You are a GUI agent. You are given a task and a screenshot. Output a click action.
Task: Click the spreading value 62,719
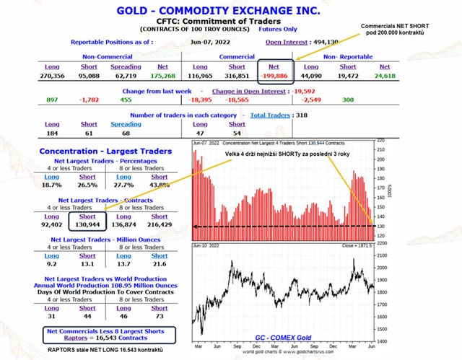click(126, 74)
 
